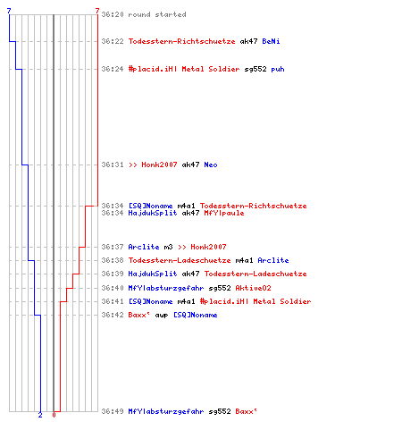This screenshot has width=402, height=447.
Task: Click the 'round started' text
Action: tap(157, 14)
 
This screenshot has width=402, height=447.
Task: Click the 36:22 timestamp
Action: tap(113, 41)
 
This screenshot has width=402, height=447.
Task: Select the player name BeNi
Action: tap(271, 41)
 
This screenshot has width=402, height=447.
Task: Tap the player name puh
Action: tap(278, 70)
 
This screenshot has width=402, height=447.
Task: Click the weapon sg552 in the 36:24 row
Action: tap(255, 70)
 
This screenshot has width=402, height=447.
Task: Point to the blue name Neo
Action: tap(211, 164)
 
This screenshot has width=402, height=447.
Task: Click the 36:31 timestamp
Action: tap(113, 164)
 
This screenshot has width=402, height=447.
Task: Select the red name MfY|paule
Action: tap(224, 213)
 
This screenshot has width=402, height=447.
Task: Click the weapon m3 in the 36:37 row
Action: tap(168, 247)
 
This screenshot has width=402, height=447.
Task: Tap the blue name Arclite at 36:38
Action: tap(273, 260)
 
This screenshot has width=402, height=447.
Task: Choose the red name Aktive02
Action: tap(253, 288)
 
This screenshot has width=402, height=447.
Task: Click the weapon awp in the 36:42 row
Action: tap(162, 316)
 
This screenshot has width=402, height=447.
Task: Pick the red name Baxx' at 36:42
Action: tap(139, 315)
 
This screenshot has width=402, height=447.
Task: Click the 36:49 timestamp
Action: tap(113, 411)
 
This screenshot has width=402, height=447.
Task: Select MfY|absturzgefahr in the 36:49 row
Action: tap(166, 411)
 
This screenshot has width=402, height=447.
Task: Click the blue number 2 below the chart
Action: tap(40, 415)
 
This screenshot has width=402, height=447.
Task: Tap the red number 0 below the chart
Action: tap(54, 415)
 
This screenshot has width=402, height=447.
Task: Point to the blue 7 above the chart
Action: tap(9, 11)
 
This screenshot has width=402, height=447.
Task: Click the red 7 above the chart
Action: tap(97, 11)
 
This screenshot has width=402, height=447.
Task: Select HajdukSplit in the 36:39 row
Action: tap(153, 274)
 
